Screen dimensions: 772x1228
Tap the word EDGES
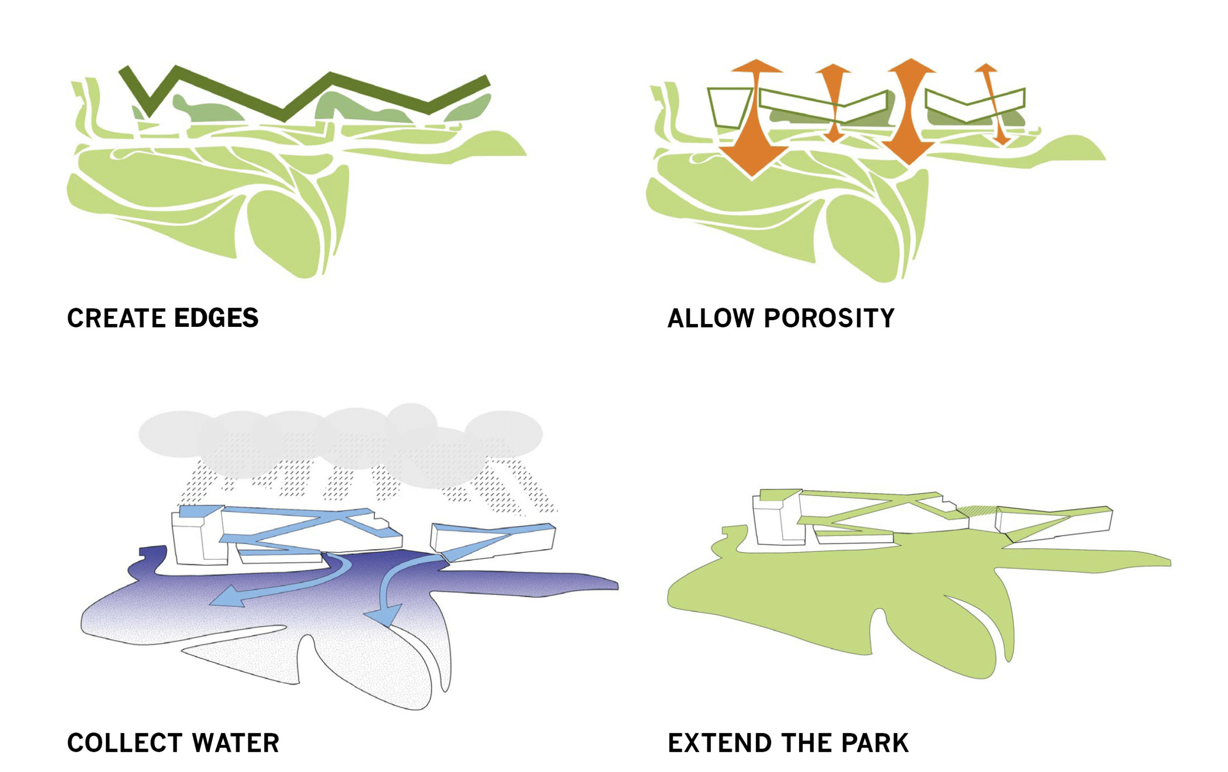coord(216,318)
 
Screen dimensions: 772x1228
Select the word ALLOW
coord(710,318)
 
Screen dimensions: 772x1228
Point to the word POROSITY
coord(829,318)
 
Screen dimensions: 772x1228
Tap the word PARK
coord(875,743)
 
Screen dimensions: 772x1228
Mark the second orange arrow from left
coord(833,102)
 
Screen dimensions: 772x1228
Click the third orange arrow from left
coord(910,112)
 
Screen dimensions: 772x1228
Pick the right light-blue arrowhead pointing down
coord(386,616)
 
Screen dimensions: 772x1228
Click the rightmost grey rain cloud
coord(504,433)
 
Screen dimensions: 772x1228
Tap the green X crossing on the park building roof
coord(906,504)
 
